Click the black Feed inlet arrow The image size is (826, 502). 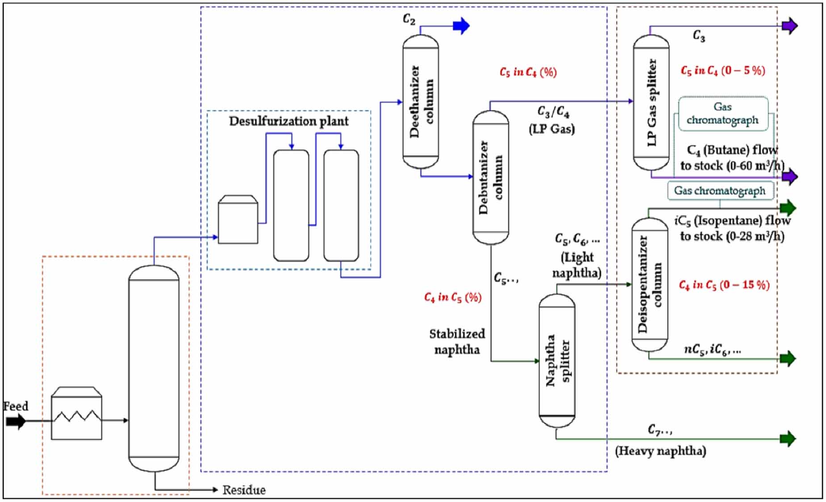[16, 421]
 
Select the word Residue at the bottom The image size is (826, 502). [244, 490]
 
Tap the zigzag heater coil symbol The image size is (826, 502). [77, 417]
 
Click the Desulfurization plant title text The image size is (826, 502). [288, 121]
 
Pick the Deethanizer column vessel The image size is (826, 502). [421, 101]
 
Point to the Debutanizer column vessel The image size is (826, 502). [490, 177]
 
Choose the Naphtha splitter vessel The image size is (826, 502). [557, 360]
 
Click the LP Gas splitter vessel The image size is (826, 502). [651, 103]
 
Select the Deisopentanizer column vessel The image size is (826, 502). [650, 284]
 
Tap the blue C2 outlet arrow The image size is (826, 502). [461, 26]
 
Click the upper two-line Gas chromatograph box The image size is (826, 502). [722, 113]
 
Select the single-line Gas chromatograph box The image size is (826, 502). [720, 191]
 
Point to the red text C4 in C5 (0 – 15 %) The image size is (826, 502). [724, 284]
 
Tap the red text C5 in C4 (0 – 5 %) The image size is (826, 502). [722, 71]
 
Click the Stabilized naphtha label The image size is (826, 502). [457, 342]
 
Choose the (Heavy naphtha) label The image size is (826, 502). [660, 451]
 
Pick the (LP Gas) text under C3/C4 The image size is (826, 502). [551, 129]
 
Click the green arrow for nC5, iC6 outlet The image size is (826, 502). [788, 358]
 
